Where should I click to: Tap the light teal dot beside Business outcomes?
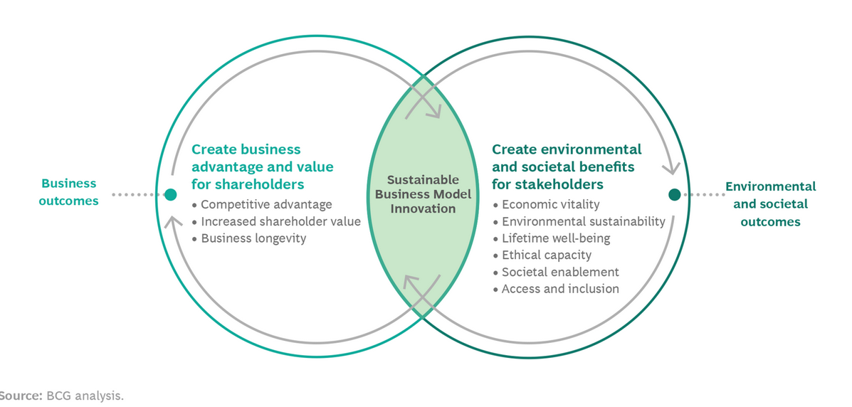coord(171,194)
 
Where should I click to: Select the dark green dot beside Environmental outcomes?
coord(675,194)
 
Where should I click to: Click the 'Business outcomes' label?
coord(68,192)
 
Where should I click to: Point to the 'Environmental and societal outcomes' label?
coord(770,204)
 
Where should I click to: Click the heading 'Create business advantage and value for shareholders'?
coord(262,167)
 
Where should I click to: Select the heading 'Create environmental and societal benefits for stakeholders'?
coord(567,167)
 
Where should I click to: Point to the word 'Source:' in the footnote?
coord(21,395)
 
